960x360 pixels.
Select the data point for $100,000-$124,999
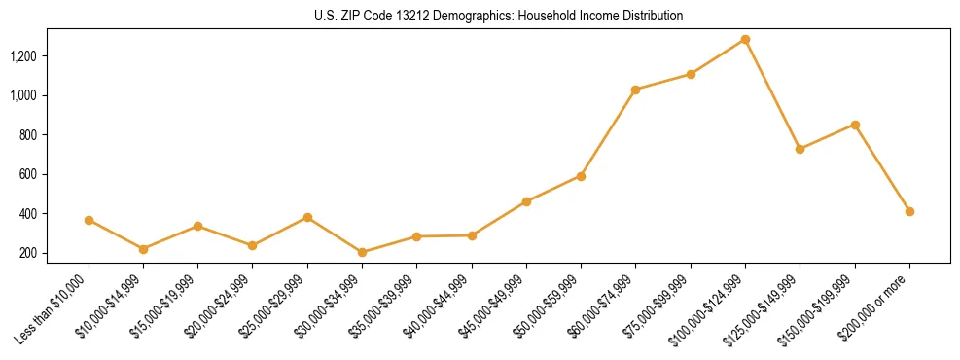click(745, 39)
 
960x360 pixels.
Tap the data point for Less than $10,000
click(89, 220)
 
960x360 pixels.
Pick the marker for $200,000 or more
click(909, 211)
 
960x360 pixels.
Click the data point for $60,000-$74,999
click(635, 90)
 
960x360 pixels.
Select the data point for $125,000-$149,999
click(800, 149)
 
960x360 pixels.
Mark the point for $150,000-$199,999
click(855, 125)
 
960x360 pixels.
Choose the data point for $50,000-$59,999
click(581, 176)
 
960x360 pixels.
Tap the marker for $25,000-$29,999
click(307, 217)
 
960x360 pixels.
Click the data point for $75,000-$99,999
click(691, 74)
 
